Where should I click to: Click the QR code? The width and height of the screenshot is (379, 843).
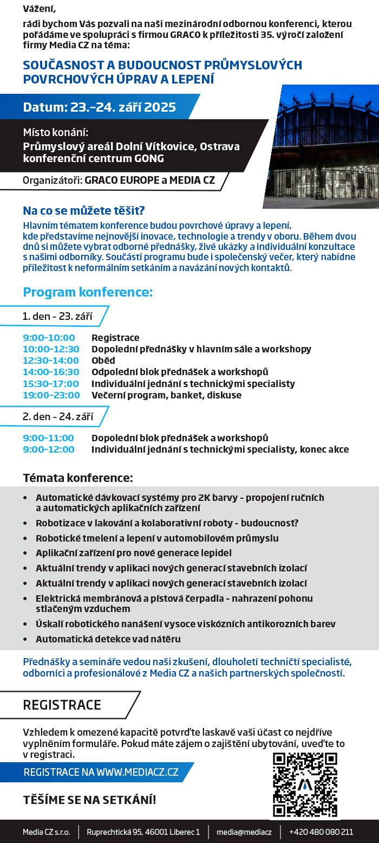pyautogui.click(x=305, y=784)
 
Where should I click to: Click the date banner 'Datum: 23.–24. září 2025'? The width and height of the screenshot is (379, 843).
pyautogui.click(x=99, y=107)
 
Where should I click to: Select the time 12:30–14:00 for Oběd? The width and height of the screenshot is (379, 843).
pyautogui.click(x=51, y=361)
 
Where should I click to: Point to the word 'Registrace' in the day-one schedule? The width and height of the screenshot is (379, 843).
pyautogui.click(x=115, y=338)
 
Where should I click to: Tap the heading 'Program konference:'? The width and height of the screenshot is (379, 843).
pyautogui.click(x=88, y=293)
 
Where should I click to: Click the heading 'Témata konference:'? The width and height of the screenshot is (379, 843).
pyautogui.click(x=77, y=478)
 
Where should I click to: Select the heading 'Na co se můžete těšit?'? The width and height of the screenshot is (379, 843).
pyautogui.click(x=83, y=211)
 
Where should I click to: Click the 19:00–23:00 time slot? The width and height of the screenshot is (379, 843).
pyautogui.click(x=51, y=395)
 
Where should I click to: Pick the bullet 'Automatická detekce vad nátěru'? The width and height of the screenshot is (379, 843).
pyautogui.click(x=108, y=639)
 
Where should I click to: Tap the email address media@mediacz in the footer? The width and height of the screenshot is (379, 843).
pyautogui.click(x=244, y=832)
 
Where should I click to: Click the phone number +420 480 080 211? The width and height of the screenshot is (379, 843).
pyautogui.click(x=321, y=832)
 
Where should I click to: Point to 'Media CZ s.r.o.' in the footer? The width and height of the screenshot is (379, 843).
pyautogui.click(x=47, y=832)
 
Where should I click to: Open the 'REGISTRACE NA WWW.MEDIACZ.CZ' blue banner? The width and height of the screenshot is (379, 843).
pyautogui.click(x=101, y=772)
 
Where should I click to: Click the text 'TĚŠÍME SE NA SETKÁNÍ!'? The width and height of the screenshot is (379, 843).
pyautogui.click(x=89, y=800)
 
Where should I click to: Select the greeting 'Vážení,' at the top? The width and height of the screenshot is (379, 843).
pyautogui.click(x=39, y=9)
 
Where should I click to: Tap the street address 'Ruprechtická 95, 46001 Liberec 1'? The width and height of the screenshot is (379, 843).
pyautogui.click(x=143, y=832)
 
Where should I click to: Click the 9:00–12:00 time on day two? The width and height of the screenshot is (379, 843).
pyautogui.click(x=49, y=449)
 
